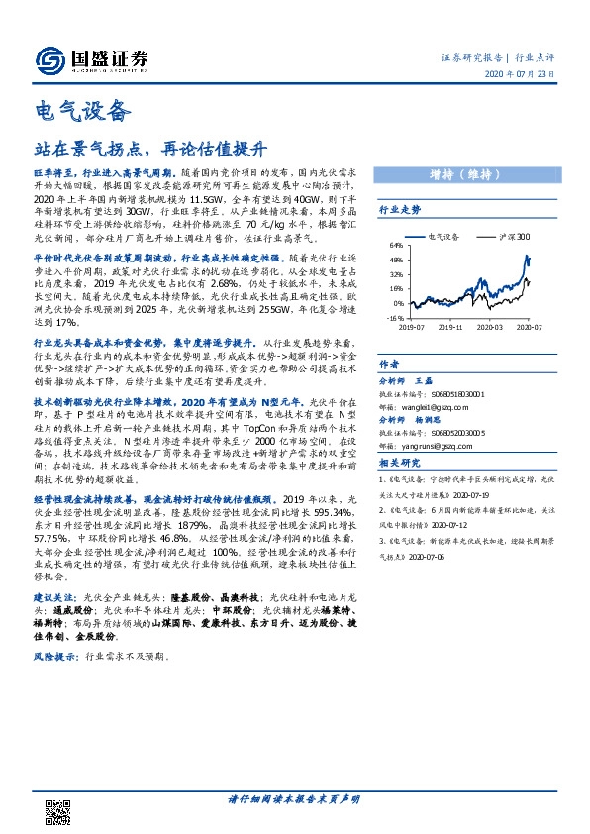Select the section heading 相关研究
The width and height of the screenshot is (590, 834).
400,463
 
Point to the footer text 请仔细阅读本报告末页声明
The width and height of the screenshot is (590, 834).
294,798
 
